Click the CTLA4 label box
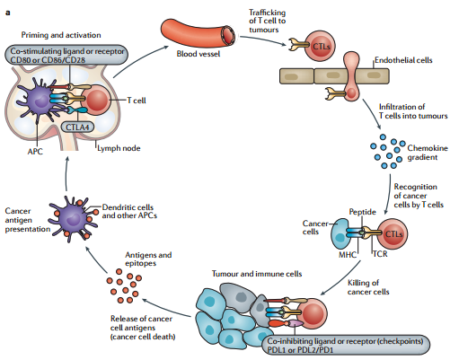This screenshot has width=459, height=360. [77, 127]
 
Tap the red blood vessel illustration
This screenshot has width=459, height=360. [198, 33]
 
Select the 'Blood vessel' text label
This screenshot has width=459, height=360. [199, 54]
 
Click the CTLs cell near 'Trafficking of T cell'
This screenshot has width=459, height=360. [320, 46]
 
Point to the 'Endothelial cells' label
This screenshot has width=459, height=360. [403, 60]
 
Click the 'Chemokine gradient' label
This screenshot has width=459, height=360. [428, 153]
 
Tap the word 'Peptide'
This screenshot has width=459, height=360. [362, 212]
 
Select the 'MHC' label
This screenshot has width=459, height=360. [348, 255]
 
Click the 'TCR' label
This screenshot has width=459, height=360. [380, 254]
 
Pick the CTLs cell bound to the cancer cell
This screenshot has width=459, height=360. [393, 233]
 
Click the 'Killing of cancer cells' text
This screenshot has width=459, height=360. [368, 287]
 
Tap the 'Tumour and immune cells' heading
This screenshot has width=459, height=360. [257, 274]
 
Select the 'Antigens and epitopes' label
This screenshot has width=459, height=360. [148, 259]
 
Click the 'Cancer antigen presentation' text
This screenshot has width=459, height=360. [28, 220]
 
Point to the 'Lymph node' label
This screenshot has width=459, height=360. [119, 148]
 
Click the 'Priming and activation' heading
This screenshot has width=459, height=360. [61, 35]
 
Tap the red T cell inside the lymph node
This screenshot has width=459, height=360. [96, 101]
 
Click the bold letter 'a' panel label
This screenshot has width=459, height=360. [8, 13]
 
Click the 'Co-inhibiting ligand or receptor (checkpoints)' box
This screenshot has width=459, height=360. [346, 345]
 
